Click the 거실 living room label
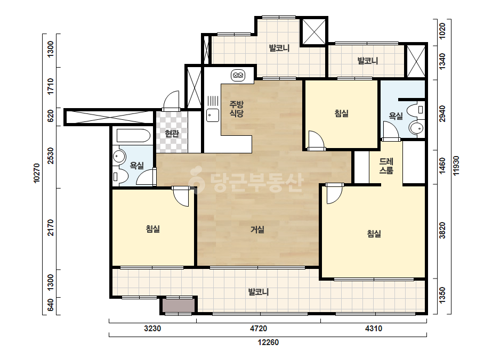(x=257, y=230)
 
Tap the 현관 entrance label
(x=172, y=134)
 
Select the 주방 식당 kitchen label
(x=237, y=109)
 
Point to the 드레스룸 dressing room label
(x=386, y=166)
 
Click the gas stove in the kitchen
(x=238, y=75)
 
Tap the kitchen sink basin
(x=213, y=115)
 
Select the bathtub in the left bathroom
(x=133, y=136)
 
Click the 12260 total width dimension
(x=268, y=342)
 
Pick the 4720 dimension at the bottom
(x=259, y=329)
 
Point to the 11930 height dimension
(x=456, y=166)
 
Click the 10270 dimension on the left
(x=37, y=173)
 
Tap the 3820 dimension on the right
(x=442, y=231)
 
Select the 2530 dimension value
(x=51, y=156)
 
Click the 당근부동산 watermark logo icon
(x=197, y=180)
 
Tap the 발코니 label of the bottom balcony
(x=259, y=292)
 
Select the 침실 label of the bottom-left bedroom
(x=153, y=229)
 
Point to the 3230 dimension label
(x=152, y=329)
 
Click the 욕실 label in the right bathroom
(x=396, y=116)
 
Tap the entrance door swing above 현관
(x=172, y=100)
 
